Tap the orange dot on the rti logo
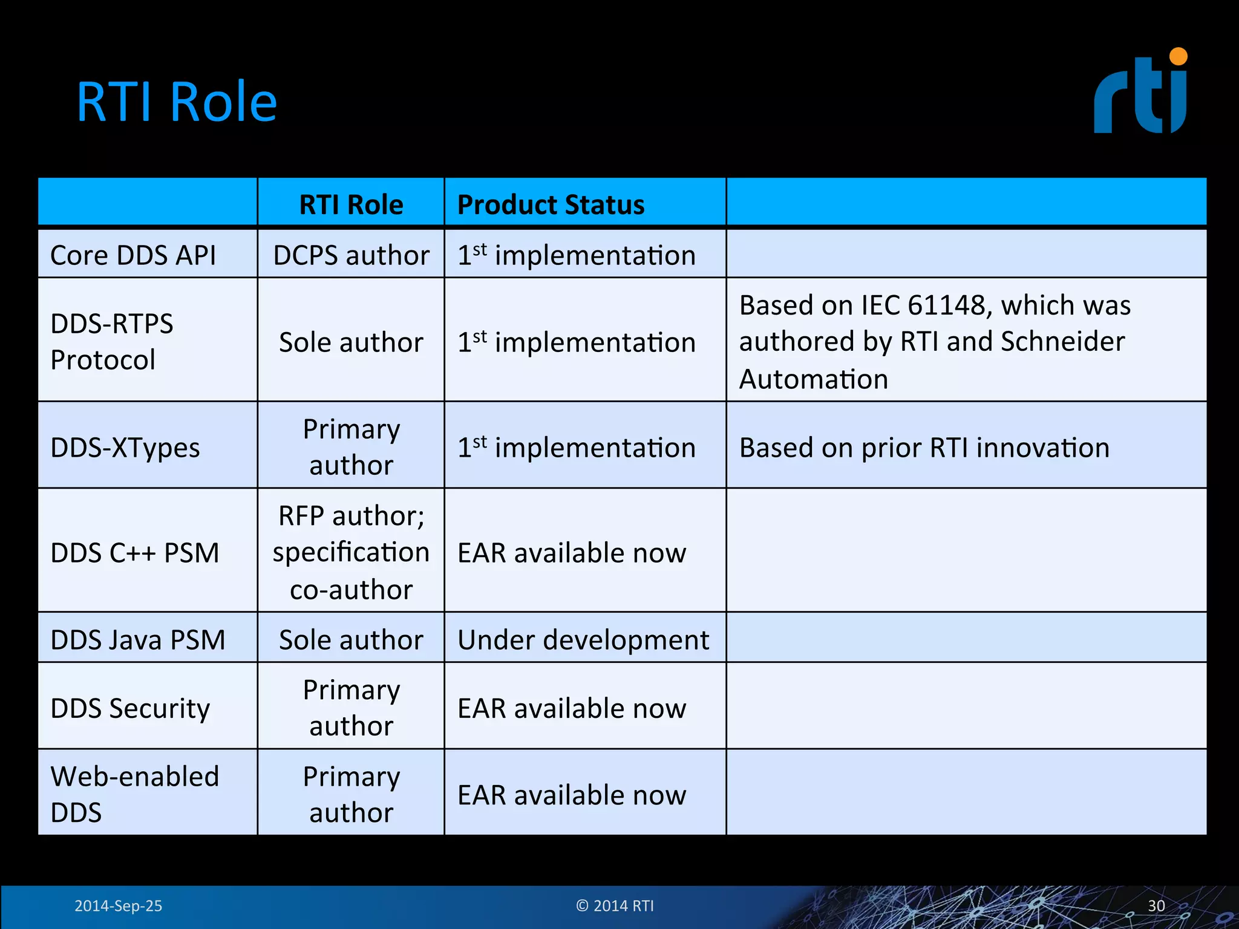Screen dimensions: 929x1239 pos(1178,57)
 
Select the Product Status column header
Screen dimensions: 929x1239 pos(551,204)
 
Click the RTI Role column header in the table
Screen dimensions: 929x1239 pos(351,204)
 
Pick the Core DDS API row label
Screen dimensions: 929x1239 pos(133,255)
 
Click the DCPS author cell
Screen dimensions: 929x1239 pos(351,255)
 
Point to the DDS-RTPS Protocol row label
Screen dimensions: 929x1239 pos(112,342)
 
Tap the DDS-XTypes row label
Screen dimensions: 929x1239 pos(125,448)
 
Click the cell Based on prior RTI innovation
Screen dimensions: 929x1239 pos(924,448)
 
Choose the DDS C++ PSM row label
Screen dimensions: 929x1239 pos(135,553)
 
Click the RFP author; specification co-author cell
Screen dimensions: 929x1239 pos(351,552)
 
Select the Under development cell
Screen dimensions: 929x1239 pos(583,640)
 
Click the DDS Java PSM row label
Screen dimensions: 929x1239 pos(138,640)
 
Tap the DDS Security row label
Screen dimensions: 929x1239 pos(130,708)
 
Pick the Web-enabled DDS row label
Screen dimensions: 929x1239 pos(134,794)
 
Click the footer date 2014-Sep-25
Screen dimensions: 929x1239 pos(118,906)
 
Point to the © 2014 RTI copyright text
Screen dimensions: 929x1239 pos(615,906)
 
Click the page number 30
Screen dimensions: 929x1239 pos(1156,906)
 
